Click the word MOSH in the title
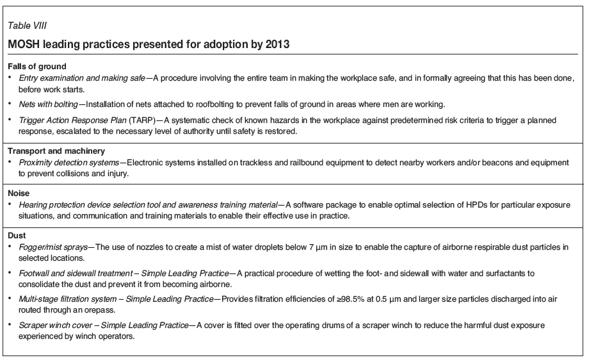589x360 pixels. [x=24, y=45]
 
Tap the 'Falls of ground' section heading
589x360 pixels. [x=37, y=67]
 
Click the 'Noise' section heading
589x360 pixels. [x=19, y=192]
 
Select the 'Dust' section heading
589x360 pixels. [x=17, y=234]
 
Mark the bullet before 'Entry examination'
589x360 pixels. [x=10, y=78]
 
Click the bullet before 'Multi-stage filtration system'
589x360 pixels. [x=10, y=299]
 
